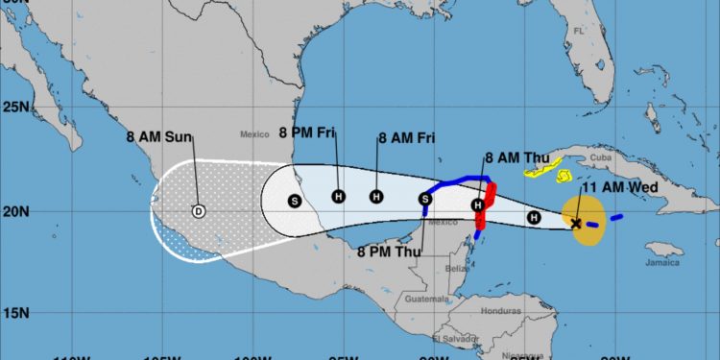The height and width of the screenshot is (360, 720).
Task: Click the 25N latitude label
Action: (15, 106)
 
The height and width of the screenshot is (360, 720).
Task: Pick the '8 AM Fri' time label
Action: (407, 138)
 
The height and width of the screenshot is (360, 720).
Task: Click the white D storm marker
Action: (199, 211)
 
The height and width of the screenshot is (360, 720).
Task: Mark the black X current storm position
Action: (576, 224)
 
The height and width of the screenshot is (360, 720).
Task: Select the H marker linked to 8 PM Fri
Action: (338, 197)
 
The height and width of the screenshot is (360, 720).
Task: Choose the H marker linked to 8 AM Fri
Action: (376, 197)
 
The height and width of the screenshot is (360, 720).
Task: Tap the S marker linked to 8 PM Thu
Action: (425, 199)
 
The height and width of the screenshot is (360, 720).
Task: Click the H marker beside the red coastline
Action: (477, 205)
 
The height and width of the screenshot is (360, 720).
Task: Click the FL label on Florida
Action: (578, 31)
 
